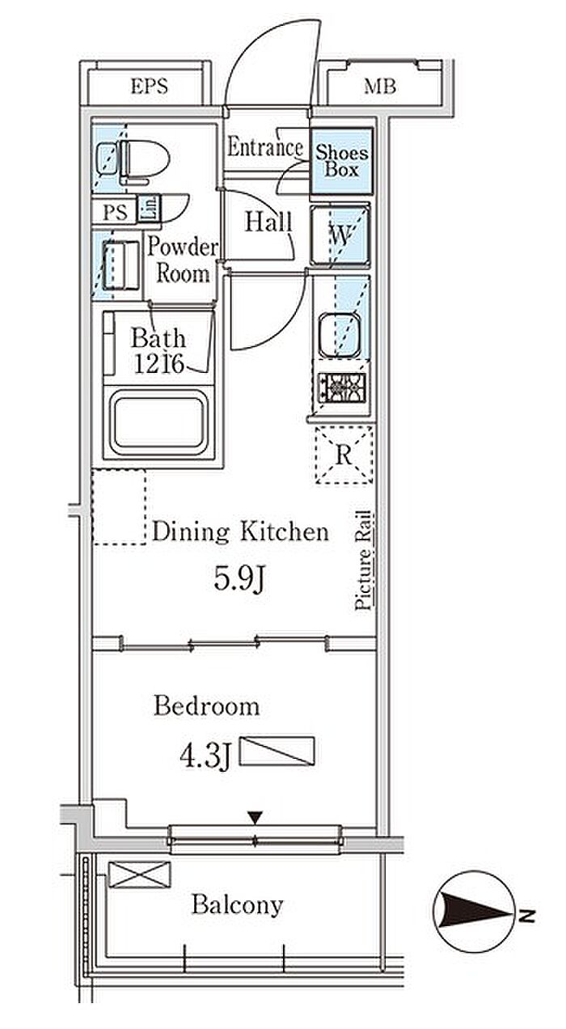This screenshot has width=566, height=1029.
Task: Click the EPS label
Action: tap(150, 87)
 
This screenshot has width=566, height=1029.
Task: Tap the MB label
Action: tap(380, 87)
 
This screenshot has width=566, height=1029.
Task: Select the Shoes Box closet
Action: tap(341, 161)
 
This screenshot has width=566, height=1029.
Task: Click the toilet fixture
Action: tap(134, 161)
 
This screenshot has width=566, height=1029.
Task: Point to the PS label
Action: tap(115, 212)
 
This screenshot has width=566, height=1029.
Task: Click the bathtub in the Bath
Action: tap(158, 421)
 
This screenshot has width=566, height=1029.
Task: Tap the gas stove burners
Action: tap(343, 387)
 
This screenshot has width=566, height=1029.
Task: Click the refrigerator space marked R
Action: tap(344, 455)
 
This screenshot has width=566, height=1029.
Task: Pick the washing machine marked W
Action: tap(340, 235)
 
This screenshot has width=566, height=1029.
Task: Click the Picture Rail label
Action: tap(364, 561)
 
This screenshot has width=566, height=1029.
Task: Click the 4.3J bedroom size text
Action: tap(205, 756)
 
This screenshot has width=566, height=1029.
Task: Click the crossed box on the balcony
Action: tap(140, 874)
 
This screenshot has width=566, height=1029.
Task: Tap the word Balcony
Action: tap(237, 905)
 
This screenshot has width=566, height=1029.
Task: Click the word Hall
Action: tap(268, 222)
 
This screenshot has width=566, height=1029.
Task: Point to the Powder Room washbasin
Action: tap(120, 265)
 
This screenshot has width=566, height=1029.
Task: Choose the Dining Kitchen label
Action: tap(240, 532)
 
